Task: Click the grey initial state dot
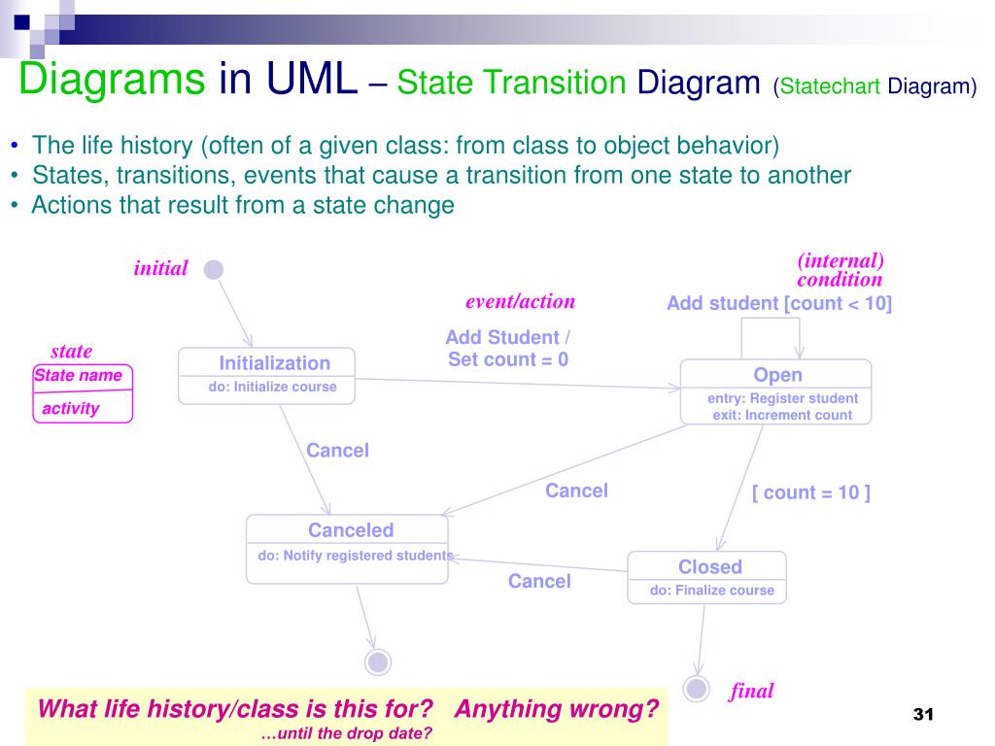click(x=214, y=269)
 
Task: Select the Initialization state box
click(x=267, y=376)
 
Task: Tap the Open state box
click(x=775, y=391)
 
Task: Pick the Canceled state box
click(x=347, y=549)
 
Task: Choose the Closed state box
click(x=706, y=578)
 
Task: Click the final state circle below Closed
click(x=696, y=689)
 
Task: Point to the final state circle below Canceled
click(x=378, y=662)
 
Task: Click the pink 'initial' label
click(x=160, y=269)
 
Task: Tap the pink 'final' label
click(x=752, y=691)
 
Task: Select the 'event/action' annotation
click(x=520, y=301)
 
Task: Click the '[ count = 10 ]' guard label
click(x=811, y=492)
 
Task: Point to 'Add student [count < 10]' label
click(x=778, y=303)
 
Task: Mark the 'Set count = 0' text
click(x=507, y=359)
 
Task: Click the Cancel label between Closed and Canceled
click(x=539, y=581)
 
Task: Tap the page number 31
click(x=922, y=715)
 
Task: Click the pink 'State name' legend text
click(x=78, y=375)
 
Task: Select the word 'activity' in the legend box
click(x=70, y=408)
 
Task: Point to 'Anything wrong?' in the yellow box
click(x=556, y=709)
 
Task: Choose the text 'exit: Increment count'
click(x=782, y=415)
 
